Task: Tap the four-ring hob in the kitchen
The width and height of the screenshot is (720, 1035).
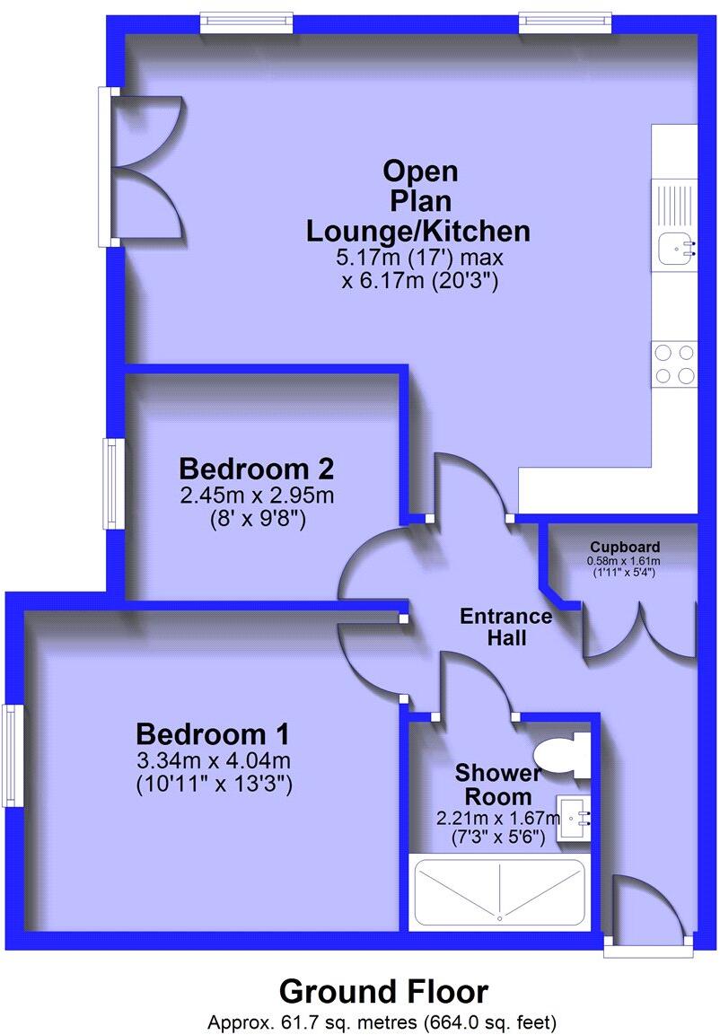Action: (674, 364)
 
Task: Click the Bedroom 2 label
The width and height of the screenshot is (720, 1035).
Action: (257, 469)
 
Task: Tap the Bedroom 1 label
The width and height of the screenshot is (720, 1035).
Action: (213, 734)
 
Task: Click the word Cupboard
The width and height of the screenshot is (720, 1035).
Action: (625, 547)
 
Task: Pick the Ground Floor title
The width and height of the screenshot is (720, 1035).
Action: (383, 991)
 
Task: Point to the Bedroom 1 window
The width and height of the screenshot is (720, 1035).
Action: (12, 755)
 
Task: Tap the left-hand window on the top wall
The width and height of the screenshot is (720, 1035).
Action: (246, 21)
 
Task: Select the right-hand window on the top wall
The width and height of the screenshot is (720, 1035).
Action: (566, 21)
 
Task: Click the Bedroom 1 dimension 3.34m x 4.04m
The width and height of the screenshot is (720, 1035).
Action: (214, 761)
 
